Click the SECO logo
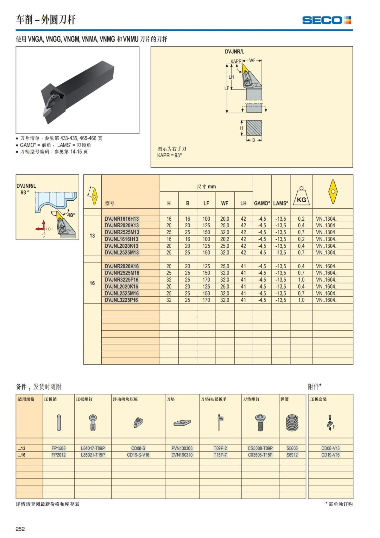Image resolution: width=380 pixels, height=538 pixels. click(x=326, y=20)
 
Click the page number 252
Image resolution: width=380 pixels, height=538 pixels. click(x=20, y=529)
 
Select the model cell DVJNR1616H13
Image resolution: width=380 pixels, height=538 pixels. click(x=122, y=219)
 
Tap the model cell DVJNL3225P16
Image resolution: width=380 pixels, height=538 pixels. click(x=122, y=300)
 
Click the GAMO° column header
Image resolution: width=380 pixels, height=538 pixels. click(x=262, y=203)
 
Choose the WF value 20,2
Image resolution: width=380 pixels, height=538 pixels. click(x=225, y=239)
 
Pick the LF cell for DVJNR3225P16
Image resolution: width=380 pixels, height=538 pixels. click(x=206, y=280)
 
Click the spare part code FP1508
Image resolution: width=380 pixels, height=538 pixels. click(x=59, y=448)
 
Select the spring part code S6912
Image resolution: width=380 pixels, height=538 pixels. click(x=292, y=455)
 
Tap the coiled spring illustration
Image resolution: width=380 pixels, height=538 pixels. click(x=292, y=423)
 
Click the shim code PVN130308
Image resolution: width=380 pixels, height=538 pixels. click(x=182, y=448)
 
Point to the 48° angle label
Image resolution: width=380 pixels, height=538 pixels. click(x=71, y=215)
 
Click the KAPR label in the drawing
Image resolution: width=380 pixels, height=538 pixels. click(x=236, y=61)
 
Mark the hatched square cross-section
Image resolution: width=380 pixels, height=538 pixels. click(x=254, y=128)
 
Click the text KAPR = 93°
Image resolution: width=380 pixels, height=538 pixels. click(x=169, y=155)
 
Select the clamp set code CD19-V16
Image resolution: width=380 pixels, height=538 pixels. click(x=330, y=455)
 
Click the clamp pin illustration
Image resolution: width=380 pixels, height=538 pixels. click(x=59, y=423)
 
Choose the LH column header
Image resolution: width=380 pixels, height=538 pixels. click(x=243, y=203)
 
